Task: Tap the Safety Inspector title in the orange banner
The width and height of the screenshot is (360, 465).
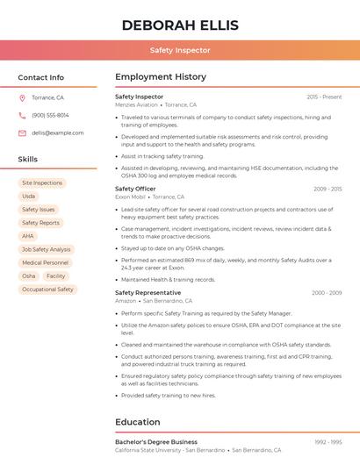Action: coord(180,50)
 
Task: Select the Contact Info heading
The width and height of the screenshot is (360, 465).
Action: coord(41,77)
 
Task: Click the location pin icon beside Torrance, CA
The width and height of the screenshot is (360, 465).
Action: coord(22,98)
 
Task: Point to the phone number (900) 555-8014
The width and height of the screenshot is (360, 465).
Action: coord(50,115)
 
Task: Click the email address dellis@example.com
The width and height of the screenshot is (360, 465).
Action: coord(58,132)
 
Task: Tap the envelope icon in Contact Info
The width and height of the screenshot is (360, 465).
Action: coord(22,132)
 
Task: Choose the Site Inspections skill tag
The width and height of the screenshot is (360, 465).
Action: coord(42,182)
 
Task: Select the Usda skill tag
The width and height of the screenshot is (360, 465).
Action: coord(29,196)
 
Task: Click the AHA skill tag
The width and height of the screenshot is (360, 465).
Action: coord(28,236)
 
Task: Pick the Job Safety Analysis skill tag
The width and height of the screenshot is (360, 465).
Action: coord(46,249)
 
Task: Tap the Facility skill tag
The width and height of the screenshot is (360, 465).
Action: coord(56,275)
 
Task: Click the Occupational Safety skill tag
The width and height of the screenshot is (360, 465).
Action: coord(47,289)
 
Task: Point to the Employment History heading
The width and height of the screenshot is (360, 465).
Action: coord(161,77)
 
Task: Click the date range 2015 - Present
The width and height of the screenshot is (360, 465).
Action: coord(324,97)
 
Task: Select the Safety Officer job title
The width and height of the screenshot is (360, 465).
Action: coord(135,189)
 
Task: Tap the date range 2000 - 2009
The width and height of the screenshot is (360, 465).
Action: coord(327,293)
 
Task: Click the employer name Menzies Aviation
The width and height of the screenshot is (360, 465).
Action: coord(137,104)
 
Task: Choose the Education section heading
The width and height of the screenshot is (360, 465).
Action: coord(138,422)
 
